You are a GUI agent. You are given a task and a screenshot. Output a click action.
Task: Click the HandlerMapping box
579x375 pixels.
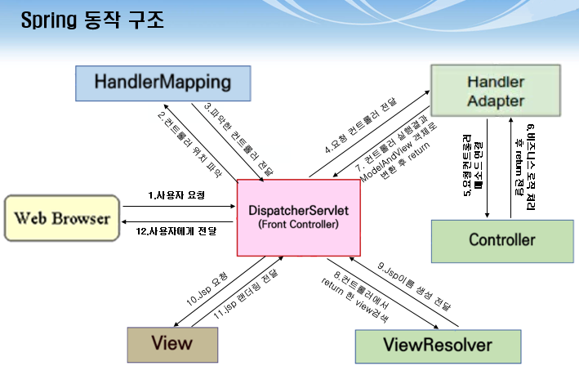click(163, 82)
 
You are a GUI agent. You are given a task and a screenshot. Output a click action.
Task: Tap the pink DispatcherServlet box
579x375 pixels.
click(298, 216)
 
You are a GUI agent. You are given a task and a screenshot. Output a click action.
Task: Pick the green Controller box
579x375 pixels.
click(501, 240)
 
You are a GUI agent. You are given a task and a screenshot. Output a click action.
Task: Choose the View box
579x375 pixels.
click(172, 343)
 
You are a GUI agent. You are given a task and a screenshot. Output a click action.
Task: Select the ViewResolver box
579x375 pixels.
click(439, 345)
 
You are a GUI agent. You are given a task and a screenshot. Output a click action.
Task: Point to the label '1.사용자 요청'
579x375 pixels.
click(176, 196)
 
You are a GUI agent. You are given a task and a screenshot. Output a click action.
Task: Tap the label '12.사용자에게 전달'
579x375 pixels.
click(176, 231)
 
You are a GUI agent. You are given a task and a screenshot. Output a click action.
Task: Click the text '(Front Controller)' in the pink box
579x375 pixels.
click(298, 225)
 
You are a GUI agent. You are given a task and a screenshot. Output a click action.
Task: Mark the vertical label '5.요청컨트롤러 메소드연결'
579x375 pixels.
click(472, 167)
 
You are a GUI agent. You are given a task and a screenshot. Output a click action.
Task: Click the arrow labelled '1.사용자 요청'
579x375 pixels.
click(176, 205)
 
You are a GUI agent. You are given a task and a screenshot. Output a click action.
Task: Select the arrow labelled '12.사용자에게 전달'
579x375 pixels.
click(176, 221)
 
